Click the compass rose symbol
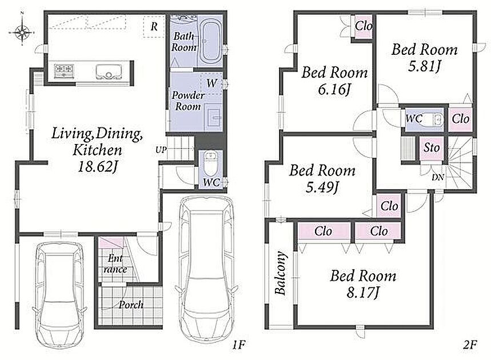[22, 31]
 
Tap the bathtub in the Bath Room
[210, 42]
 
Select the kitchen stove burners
[64, 71]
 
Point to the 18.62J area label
[97, 166]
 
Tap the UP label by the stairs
[161, 150]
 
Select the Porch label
[131, 305]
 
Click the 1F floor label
[238, 345]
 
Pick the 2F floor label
[470, 345]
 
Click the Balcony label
[281, 273]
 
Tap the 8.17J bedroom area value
[363, 293]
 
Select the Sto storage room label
[432, 147]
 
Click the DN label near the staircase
[438, 178]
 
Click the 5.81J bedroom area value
[425, 66]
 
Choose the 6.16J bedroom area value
[334, 90]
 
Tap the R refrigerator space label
[154, 27]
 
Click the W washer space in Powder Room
[211, 83]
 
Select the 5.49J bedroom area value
[322, 187]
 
